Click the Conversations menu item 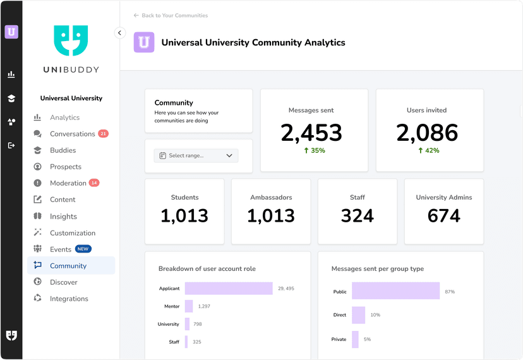pos(72,134)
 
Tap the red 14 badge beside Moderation pos(94,183)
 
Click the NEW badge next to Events pos(83,249)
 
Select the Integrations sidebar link pos(69,299)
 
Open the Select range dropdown pos(196,155)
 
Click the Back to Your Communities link pos(171,15)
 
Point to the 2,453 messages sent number pos(311,133)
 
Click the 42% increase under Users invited pos(429,151)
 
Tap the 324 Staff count pos(358,216)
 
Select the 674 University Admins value pos(443,216)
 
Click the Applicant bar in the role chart pos(229,289)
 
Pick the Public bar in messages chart pos(395,291)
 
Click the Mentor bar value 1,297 pos(204,306)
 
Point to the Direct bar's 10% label pos(375,315)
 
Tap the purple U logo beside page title pos(144,42)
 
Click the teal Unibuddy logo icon pos(71,40)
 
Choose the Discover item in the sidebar pos(63,282)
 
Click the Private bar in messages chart pos(355,339)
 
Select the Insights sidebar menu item pos(63,217)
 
